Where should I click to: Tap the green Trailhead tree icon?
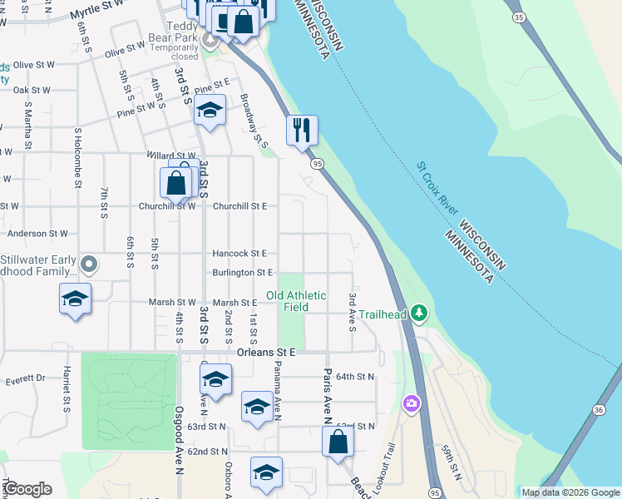421,313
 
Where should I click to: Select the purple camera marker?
411,404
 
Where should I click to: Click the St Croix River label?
437,188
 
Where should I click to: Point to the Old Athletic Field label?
296,301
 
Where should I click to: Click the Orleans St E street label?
265,352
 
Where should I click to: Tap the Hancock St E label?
239,253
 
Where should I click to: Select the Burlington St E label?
243,273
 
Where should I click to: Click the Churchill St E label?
239,206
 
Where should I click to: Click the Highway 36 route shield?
598,409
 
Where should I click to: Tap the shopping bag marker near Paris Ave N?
338,441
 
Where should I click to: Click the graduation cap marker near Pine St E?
210,110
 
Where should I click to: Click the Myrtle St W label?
96,9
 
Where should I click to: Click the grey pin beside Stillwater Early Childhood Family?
91,266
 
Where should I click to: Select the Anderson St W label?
37,235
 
